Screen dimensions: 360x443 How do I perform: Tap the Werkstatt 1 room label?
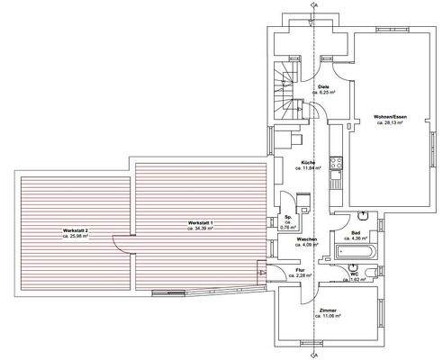201,220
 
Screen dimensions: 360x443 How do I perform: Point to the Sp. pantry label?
288,218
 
